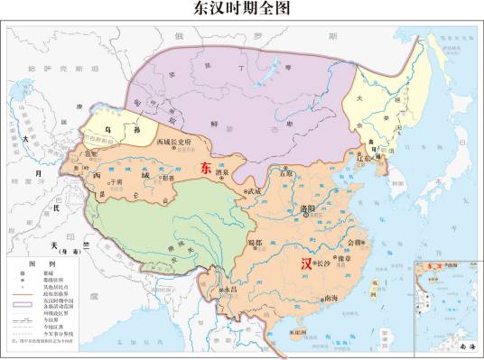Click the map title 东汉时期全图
(x=242, y=10)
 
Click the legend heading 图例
(x=35, y=263)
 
